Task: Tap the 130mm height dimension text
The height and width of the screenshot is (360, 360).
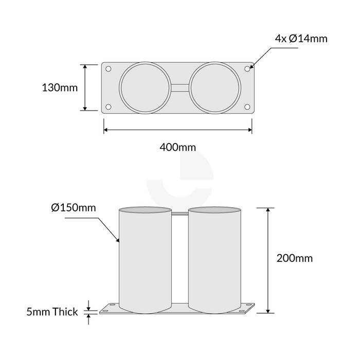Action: [x=59, y=87]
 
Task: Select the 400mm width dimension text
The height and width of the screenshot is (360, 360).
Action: [x=178, y=148]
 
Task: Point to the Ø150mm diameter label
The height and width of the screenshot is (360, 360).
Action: [x=74, y=208]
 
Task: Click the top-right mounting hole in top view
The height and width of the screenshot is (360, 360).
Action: [x=247, y=68]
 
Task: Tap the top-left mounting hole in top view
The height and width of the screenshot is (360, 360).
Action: [x=108, y=68]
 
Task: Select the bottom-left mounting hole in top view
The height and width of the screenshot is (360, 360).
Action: [x=108, y=107]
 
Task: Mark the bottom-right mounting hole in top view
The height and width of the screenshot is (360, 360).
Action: [x=247, y=107]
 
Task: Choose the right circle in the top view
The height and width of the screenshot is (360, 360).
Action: [x=214, y=87]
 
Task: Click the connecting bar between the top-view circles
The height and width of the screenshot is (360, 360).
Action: [x=179, y=87]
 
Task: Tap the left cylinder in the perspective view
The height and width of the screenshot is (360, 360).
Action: [x=145, y=262]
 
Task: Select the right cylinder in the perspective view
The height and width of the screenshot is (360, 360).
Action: [x=214, y=262]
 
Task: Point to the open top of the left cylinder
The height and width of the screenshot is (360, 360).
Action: [x=145, y=210]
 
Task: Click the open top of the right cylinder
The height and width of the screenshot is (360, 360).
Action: [x=214, y=210]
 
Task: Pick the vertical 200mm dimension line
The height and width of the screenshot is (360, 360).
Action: [x=268, y=260]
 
